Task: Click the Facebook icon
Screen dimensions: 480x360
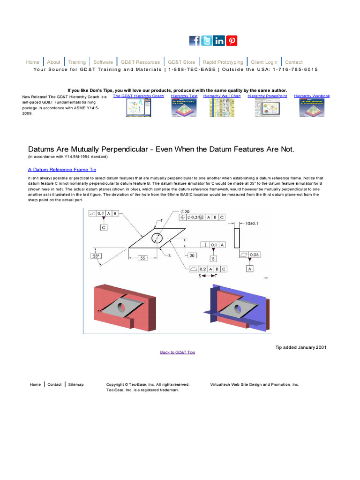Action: (x=195, y=41)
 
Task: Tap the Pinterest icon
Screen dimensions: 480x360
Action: (x=232, y=41)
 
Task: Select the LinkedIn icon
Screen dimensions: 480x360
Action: (x=219, y=41)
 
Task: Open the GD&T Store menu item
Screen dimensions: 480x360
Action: (x=181, y=62)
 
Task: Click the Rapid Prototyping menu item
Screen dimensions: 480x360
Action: (x=223, y=62)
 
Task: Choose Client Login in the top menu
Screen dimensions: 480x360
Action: (x=264, y=62)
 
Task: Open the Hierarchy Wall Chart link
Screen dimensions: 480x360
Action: (x=222, y=96)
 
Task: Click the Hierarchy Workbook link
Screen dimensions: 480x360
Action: (x=312, y=96)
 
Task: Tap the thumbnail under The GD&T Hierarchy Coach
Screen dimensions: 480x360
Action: (x=138, y=108)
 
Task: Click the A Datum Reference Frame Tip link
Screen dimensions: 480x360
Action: (x=62, y=170)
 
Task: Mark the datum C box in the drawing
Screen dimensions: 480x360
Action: (x=104, y=227)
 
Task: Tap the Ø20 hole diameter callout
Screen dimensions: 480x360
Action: (x=185, y=211)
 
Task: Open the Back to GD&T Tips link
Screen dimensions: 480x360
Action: (x=177, y=352)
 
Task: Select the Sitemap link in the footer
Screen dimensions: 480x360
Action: (x=76, y=384)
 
